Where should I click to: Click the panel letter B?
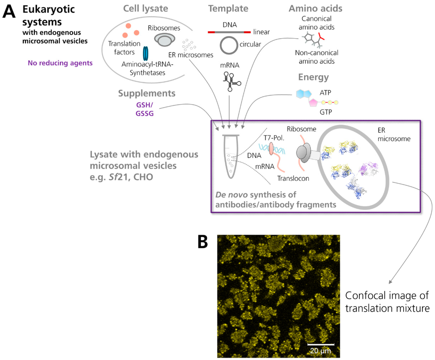click(203, 242)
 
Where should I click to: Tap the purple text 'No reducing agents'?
click(60, 63)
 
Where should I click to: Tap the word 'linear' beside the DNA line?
click(261, 32)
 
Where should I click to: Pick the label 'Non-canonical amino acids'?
click(316, 57)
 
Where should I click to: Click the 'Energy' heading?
click(313, 77)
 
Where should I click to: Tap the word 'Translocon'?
click(293, 179)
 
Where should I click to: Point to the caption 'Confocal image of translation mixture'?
click(387, 302)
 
